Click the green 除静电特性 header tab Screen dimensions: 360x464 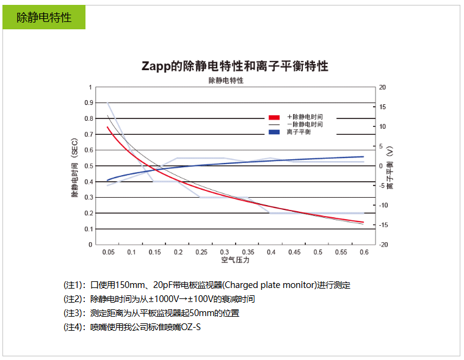click(43, 17)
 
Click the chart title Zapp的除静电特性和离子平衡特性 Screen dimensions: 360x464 click(235, 66)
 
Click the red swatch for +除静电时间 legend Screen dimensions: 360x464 click(274, 117)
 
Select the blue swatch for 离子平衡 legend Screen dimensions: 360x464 click(274, 132)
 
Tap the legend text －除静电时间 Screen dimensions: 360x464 click(304, 124)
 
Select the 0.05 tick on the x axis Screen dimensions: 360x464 click(108, 252)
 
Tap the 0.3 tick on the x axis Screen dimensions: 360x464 click(225, 252)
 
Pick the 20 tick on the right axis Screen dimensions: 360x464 click(382, 87)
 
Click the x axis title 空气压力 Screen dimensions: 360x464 click(235, 260)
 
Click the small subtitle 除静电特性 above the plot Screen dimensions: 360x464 click(226, 80)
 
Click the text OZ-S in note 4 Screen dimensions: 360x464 click(191, 327)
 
